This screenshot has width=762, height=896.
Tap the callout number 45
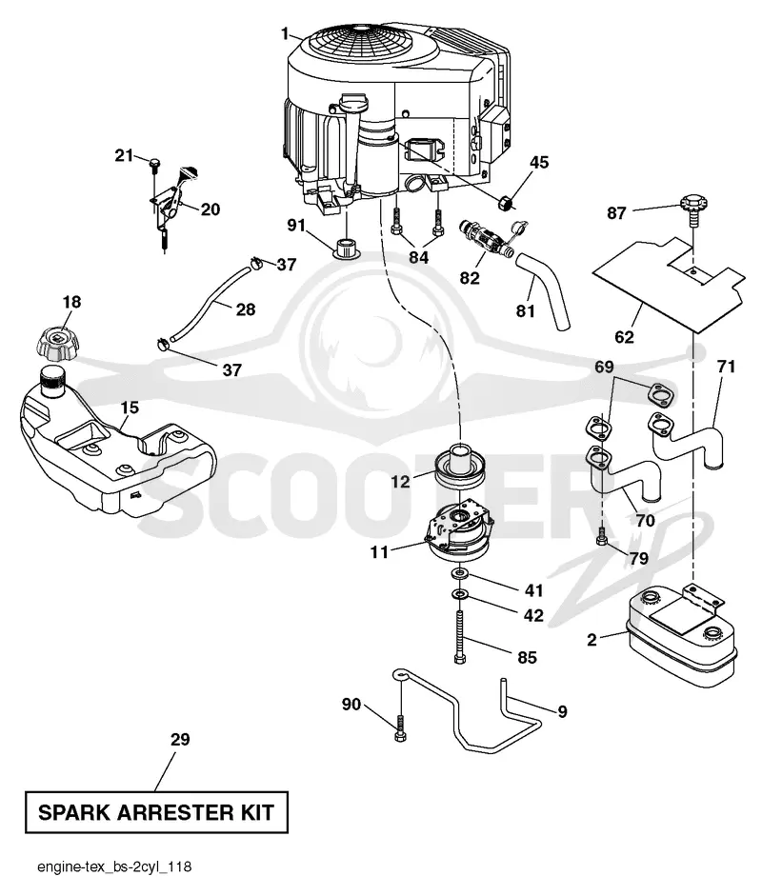pos(538,162)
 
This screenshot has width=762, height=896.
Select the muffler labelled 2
pos(682,637)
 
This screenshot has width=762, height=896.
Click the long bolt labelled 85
pos(460,637)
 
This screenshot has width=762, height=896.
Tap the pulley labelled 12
pos(460,467)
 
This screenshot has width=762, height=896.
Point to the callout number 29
pos(180,740)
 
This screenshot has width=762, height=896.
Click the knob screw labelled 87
pos(693,209)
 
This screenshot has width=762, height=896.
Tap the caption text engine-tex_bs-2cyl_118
pos(114,866)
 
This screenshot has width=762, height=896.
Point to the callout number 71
pos(726,367)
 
